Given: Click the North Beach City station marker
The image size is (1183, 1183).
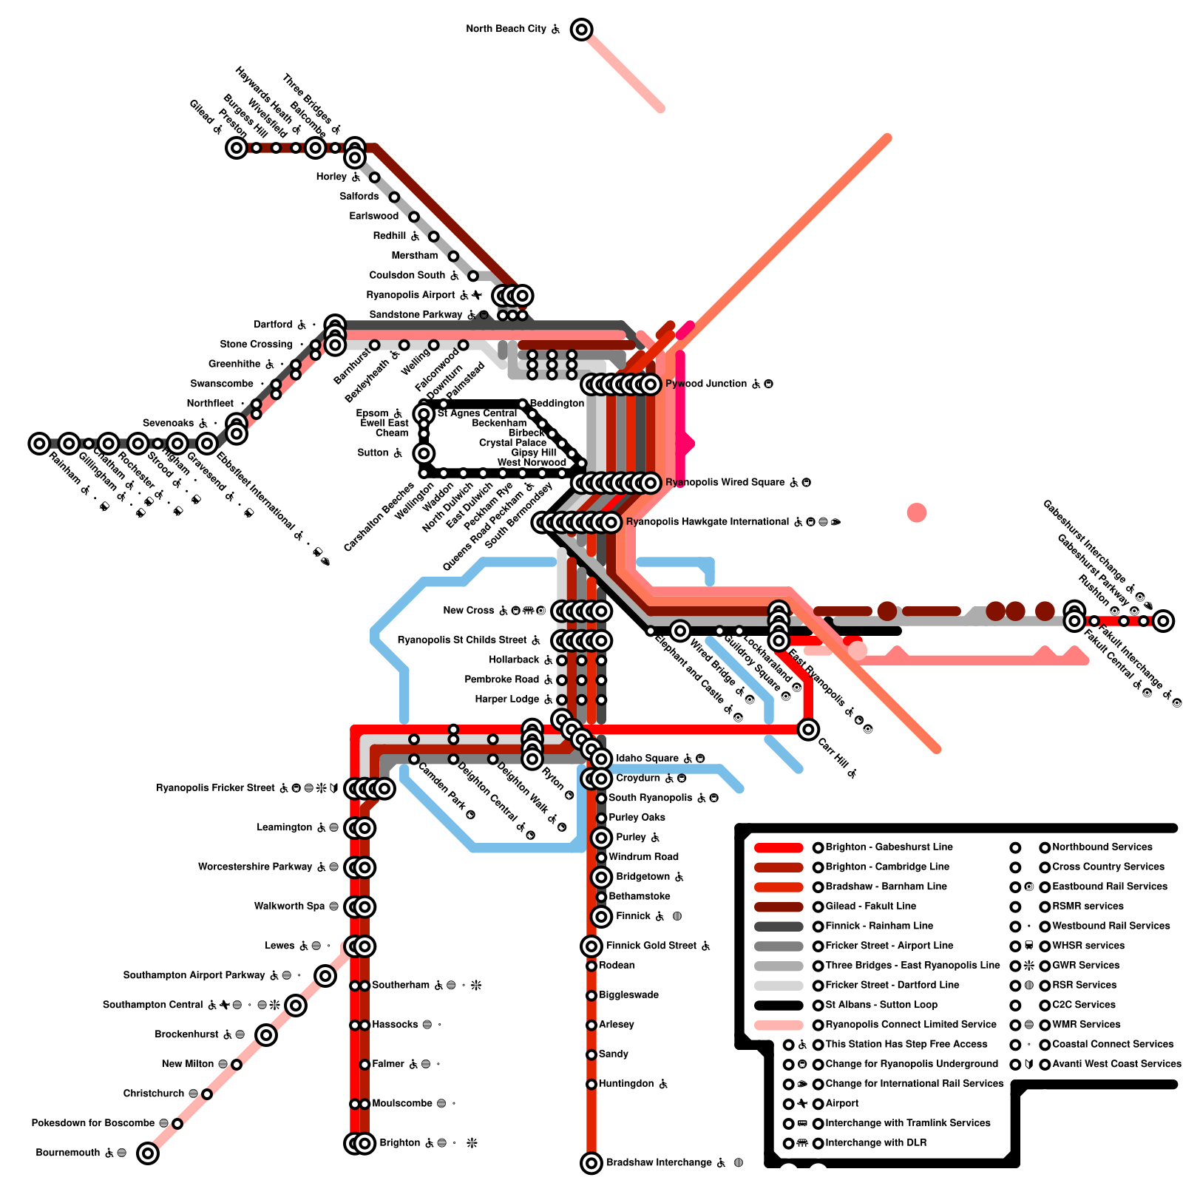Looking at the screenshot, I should (x=582, y=30).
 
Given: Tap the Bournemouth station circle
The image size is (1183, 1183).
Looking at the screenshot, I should (x=148, y=1153).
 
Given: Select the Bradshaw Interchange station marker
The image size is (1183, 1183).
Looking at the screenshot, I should (x=591, y=1163).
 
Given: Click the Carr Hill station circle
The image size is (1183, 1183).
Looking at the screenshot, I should (x=808, y=729).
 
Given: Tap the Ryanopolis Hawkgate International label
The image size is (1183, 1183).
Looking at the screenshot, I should (x=707, y=522).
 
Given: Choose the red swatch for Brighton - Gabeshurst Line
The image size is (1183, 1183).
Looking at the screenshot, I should (x=778, y=847).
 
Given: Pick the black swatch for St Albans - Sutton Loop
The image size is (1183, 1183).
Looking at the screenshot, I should (x=778, y=1006).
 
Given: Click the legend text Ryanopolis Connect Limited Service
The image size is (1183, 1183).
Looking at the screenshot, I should (x=910, y=1025).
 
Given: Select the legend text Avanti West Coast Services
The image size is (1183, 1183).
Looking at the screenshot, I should (x=1116, y=1064).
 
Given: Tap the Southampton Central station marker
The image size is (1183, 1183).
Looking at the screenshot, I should (x=296, y=1005).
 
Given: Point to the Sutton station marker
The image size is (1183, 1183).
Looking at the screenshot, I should (x=424, y=453).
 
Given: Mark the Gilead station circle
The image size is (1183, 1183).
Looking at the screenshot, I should (x=236, y=148).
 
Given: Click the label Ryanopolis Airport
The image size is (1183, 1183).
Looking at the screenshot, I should (x=410, y=295).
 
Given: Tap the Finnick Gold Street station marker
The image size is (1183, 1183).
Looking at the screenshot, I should (x=591, y=946).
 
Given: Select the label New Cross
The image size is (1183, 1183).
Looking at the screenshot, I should (x=468, y=611).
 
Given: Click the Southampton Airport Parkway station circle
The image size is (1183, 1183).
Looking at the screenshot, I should (x=325, y=975).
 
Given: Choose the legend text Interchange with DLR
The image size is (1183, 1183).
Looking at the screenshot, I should (x=875, y=1143).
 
